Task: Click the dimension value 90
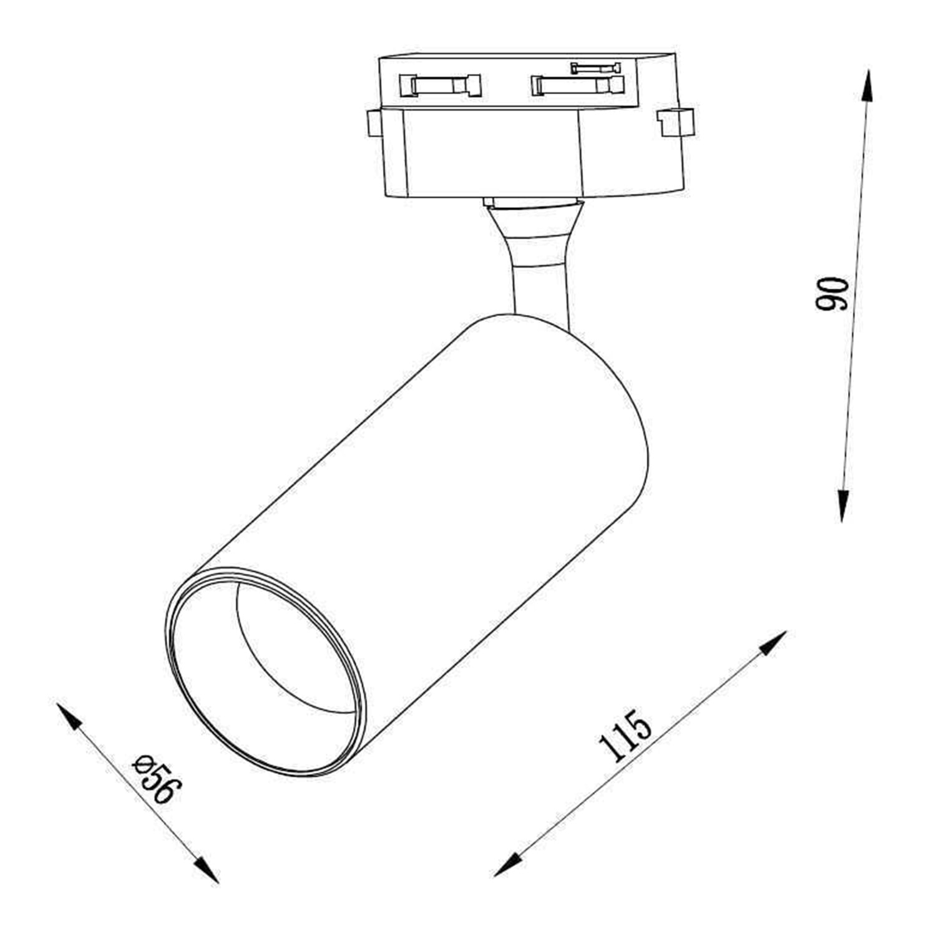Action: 832,294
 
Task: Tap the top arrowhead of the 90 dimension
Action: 867,85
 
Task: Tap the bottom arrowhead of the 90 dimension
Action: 843,505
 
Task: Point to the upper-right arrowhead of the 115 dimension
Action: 773,643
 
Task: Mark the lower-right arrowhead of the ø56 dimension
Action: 206,869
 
